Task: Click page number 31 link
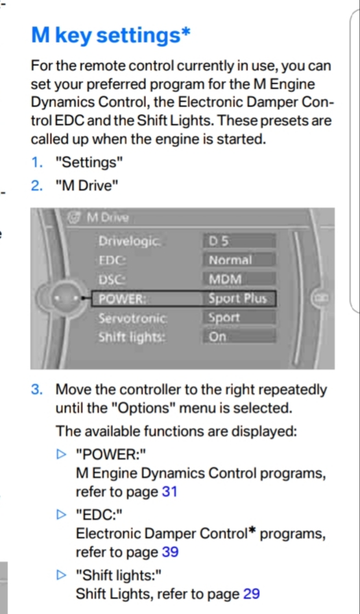pos(169,492)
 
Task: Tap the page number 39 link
pos(170,552)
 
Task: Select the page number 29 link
pos(251,594)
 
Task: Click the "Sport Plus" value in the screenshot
pos(237,299)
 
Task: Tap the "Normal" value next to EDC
pos(239,260)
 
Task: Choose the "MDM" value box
pos(239,279)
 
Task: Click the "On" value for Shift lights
pos(239,337)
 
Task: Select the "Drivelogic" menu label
pos(129,241)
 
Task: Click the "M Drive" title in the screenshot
pos(107,217)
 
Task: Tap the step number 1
pos(37,162)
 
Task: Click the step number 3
pos(37,390)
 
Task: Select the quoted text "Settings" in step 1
pos(86,163)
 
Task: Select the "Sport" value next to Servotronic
pos(224,318)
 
